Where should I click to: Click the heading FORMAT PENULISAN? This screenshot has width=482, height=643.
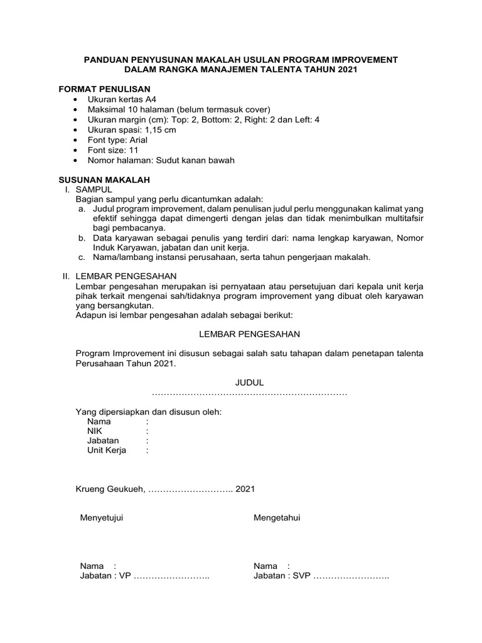[x=104, y=89]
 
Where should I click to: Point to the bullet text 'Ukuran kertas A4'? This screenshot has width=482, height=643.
[x=122, y=100]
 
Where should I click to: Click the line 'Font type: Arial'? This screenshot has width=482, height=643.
[x=117, y=140]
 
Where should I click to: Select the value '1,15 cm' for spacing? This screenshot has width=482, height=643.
[x=160, y=130]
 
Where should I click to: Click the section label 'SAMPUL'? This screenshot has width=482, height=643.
[x=94, y=189]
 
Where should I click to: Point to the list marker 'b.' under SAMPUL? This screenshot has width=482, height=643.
[x=82, y=239]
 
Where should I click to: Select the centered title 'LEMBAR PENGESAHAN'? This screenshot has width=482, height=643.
[x=249, y=333]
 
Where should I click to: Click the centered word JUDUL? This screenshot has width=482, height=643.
[x=249, y=382]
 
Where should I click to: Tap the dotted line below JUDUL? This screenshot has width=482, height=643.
[x=249, y=392]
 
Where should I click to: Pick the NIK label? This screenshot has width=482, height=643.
[x=95, y=431]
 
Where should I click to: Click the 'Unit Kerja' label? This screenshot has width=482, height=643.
[x=107, y=450]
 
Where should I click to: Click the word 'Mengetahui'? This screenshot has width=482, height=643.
[x=277, y=517]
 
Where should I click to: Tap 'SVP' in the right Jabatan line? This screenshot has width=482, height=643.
[x=301, y=576]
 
